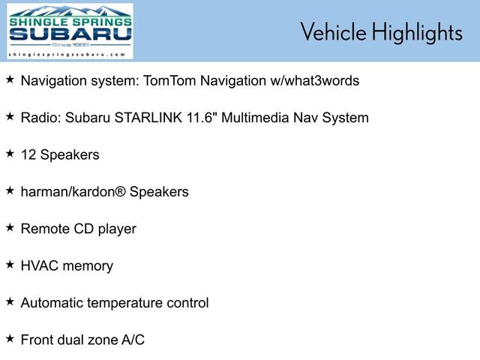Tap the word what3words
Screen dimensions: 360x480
[322, 80]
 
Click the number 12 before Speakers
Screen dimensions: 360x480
[28, 155]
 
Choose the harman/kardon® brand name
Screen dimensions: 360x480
[73, 192]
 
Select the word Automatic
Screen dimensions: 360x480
[52, 303]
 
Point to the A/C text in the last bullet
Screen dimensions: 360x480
[133, 340]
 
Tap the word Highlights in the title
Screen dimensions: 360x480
[416, 32]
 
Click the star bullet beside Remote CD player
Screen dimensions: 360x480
[10, 227]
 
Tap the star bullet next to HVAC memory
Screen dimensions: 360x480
[10, 264]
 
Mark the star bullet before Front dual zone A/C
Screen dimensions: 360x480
[10, 338]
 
